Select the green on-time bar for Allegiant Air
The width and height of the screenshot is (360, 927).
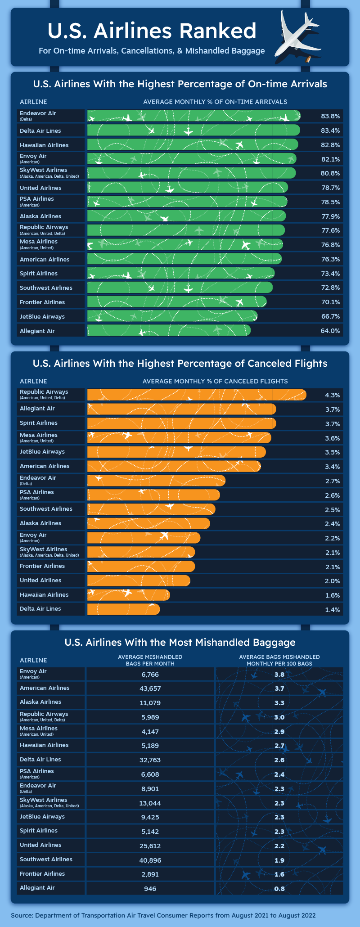pyautogui.click(x=169, y=331)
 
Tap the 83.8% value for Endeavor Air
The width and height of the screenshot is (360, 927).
pyautogui.click(x=330, y=116)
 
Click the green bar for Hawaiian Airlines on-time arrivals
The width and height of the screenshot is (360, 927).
pyautogui.click(x=193, y=144)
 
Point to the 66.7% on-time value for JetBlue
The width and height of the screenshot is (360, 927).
pyautogui.click(x=330, y=316)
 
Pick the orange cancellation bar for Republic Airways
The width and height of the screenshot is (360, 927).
pyautogui.click(x=196, y=395)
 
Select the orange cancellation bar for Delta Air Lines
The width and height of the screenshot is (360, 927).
pyautogui.click(x=123, y=609)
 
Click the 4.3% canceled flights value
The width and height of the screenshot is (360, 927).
pyautogui.click(x=332, y=395)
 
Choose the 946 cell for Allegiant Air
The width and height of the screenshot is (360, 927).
pyautogui.click(x=150, y=889)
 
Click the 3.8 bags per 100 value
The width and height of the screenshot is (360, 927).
pyautogui.click(x=279, y=675)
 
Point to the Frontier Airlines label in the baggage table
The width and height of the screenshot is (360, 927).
pyautogui.click(x=42, y=873)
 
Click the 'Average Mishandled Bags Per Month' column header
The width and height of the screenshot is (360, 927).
pyautogui.click(x=150, y=660)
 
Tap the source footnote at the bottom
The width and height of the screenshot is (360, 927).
pyautogui.click(x=163, y=915)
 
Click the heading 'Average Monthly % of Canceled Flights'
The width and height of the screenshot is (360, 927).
pyautogui.click(x=215, y=381)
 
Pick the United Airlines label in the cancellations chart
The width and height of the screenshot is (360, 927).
pyautogui.click(x=40, y=580)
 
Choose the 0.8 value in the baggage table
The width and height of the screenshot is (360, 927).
pyautogui.click(x=279, y=889)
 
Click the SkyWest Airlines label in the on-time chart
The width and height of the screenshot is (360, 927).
pyautogui.click(x=44, y=170)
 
